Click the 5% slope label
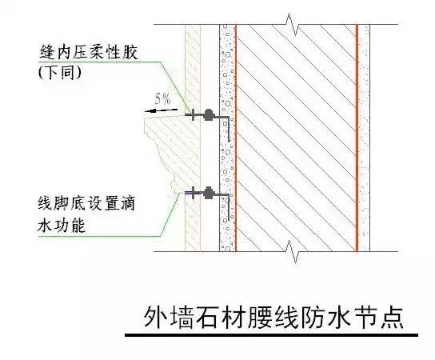click(162, 99)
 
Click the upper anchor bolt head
click(208, 114)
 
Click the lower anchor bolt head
click(208, 193)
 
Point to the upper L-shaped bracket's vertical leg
click(229, 129)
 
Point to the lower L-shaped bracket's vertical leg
click(229, 207)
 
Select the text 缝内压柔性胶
click(89, 52)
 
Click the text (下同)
click(60, 73)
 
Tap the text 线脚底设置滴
click(86, 203)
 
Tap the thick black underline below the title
click(271, 335)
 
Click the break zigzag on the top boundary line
click(290, 24)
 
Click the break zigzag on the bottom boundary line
click(290, 252)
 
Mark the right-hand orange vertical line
click(357, 138)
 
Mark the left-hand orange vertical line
click(236, 138)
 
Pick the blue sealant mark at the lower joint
click(189, 192)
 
